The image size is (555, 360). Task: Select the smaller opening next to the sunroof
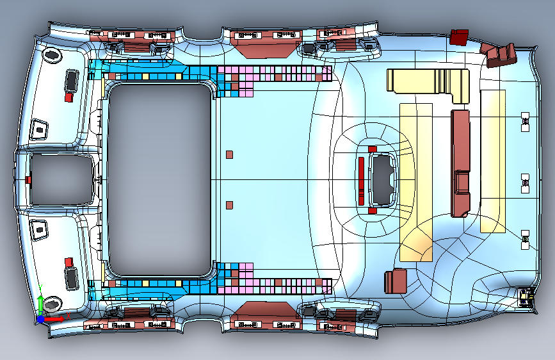(x=61, y=179)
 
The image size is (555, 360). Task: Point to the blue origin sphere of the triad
(x=42, y=318)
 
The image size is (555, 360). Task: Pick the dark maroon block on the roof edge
(x=459, y=37)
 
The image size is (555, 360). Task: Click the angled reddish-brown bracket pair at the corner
(x=502, y=54)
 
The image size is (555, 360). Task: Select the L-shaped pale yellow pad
(x=429, y=84)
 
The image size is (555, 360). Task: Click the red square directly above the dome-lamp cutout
(x=372, y=149)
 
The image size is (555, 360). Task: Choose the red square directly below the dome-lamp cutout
(x=372, y=210)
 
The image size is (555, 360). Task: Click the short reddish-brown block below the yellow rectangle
(x=396, y=281)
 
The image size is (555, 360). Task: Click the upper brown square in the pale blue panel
(x=230, y=154)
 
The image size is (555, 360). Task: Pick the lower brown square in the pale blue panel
(x=230, y=205)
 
